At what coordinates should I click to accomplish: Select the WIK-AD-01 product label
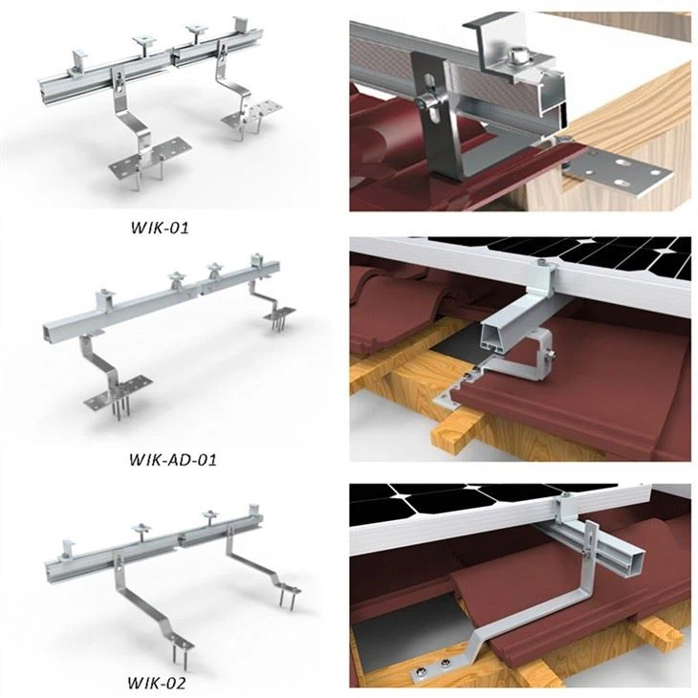tap(172, 458)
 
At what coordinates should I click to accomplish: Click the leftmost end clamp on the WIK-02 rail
tap(66, 553)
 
